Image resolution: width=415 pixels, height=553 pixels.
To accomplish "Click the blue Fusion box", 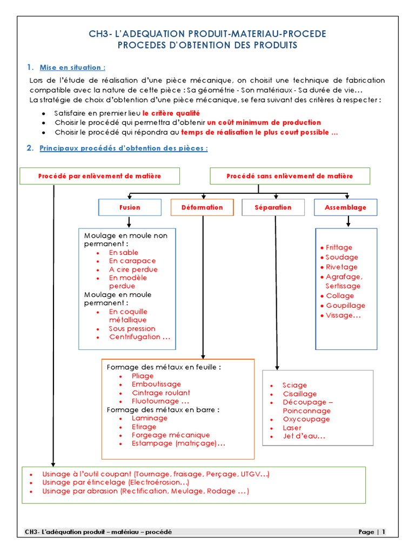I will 130,207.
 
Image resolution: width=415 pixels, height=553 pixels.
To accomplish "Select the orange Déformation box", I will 202,207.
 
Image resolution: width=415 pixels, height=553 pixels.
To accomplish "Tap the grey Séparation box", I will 273,207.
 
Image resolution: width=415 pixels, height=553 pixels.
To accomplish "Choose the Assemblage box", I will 345,207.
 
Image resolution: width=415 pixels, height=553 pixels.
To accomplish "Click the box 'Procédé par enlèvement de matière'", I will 99,176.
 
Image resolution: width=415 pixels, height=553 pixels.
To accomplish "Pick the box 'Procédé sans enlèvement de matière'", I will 290,176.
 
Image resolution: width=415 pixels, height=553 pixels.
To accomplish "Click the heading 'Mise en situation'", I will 72,68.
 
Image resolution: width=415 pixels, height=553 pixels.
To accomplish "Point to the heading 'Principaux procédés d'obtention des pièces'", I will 124,148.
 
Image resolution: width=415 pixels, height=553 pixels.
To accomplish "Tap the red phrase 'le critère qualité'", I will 171,113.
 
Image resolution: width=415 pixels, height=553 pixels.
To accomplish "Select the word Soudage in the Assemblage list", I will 342,257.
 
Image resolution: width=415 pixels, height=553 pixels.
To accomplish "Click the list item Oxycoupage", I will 306,419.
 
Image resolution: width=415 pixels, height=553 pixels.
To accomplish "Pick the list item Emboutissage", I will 157,384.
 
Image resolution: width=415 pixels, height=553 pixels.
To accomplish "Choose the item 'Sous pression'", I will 132,328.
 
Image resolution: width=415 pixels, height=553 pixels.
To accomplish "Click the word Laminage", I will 150,418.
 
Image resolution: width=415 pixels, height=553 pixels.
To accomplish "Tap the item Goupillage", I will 346,305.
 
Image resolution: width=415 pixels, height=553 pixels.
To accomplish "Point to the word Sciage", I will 294,385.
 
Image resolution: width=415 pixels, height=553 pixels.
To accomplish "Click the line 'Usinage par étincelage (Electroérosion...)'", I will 116,482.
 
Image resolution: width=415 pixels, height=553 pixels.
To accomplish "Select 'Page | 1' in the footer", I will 372,532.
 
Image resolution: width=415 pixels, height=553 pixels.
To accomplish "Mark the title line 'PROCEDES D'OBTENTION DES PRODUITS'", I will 207,45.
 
